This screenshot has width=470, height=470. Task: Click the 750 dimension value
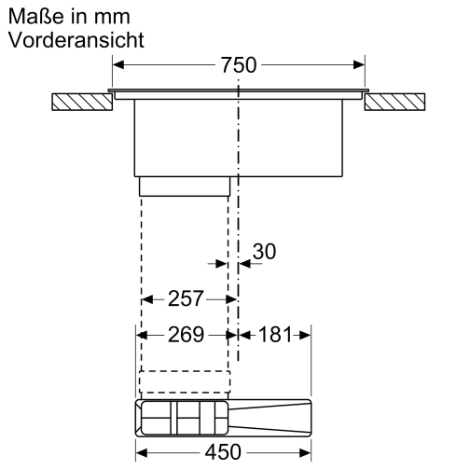(x=239, y=65)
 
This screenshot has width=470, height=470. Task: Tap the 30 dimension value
(x=265, y=252)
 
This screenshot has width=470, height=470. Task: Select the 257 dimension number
(x=186, y=299)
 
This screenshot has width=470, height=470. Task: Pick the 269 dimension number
(x=186, y=335)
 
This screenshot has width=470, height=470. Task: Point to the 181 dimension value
(x=275, y=335)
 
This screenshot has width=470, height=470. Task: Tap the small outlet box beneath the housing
(x=185, y=187)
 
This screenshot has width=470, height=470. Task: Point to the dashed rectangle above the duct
(x=184, y=383)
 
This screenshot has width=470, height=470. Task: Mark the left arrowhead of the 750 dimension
(x=117, y=65)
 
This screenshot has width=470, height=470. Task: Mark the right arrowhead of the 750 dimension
(x=359, y=65)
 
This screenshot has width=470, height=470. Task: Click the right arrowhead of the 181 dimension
(x=305, y=335)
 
